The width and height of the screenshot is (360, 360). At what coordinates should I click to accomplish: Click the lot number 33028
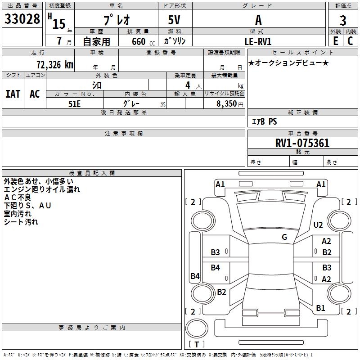pos(22,19)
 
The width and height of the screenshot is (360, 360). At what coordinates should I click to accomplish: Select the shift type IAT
pos(13,94)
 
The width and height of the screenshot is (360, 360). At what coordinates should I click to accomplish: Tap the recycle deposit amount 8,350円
pos(230,103)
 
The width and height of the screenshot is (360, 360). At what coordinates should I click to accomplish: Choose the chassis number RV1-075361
pos(302,143)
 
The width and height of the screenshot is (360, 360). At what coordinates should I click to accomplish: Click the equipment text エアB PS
pos(264,121)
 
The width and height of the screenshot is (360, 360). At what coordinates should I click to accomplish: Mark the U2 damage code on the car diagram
pos(318,225)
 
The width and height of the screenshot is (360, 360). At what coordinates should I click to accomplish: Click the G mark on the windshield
pos(284,237)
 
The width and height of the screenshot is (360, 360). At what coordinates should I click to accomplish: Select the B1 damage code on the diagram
pos(320,308)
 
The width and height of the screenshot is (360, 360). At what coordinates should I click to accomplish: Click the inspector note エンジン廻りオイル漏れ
pos(41,189)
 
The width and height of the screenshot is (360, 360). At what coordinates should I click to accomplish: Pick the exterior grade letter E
pos(335,41)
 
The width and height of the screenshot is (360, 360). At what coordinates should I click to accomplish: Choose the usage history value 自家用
pos(96,41)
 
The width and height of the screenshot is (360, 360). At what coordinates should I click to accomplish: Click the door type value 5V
pos(175,20)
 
